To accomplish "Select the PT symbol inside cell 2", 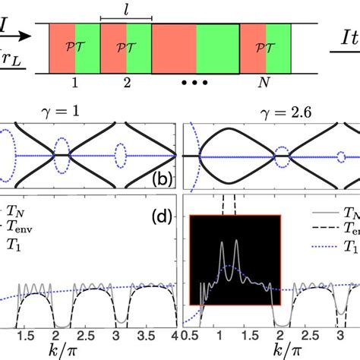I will click(x=125, y=47).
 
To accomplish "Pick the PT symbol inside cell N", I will click(x=265, y=47).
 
